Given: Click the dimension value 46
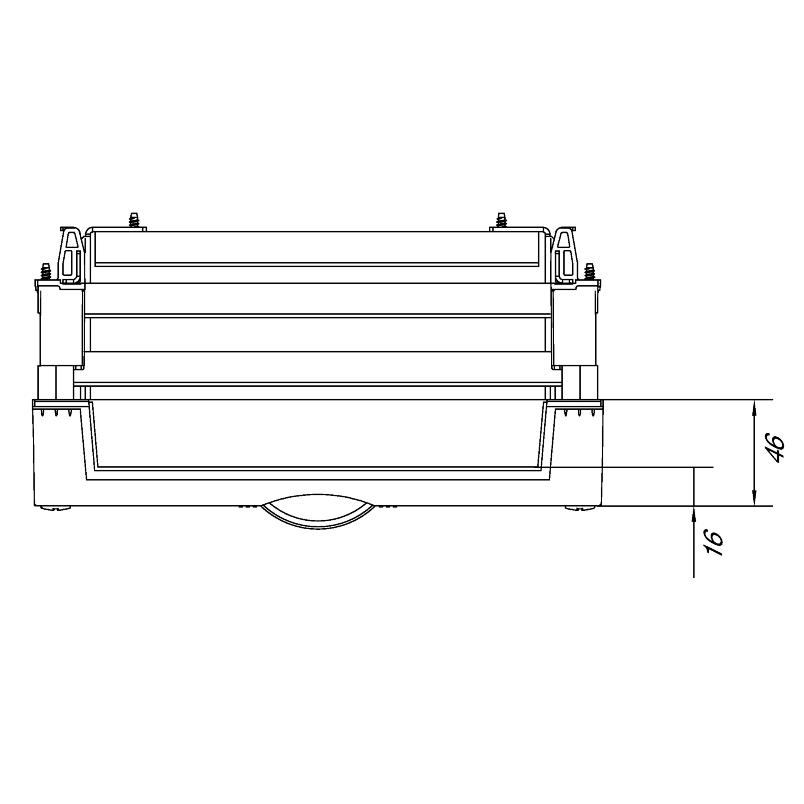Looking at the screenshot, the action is click(x=776, y=448).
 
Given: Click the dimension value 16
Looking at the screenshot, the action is click(x=715, y=542).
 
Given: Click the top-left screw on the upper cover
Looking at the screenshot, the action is click(x=134, y=220).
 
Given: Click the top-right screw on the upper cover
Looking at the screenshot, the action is click(x=501, y=220).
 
